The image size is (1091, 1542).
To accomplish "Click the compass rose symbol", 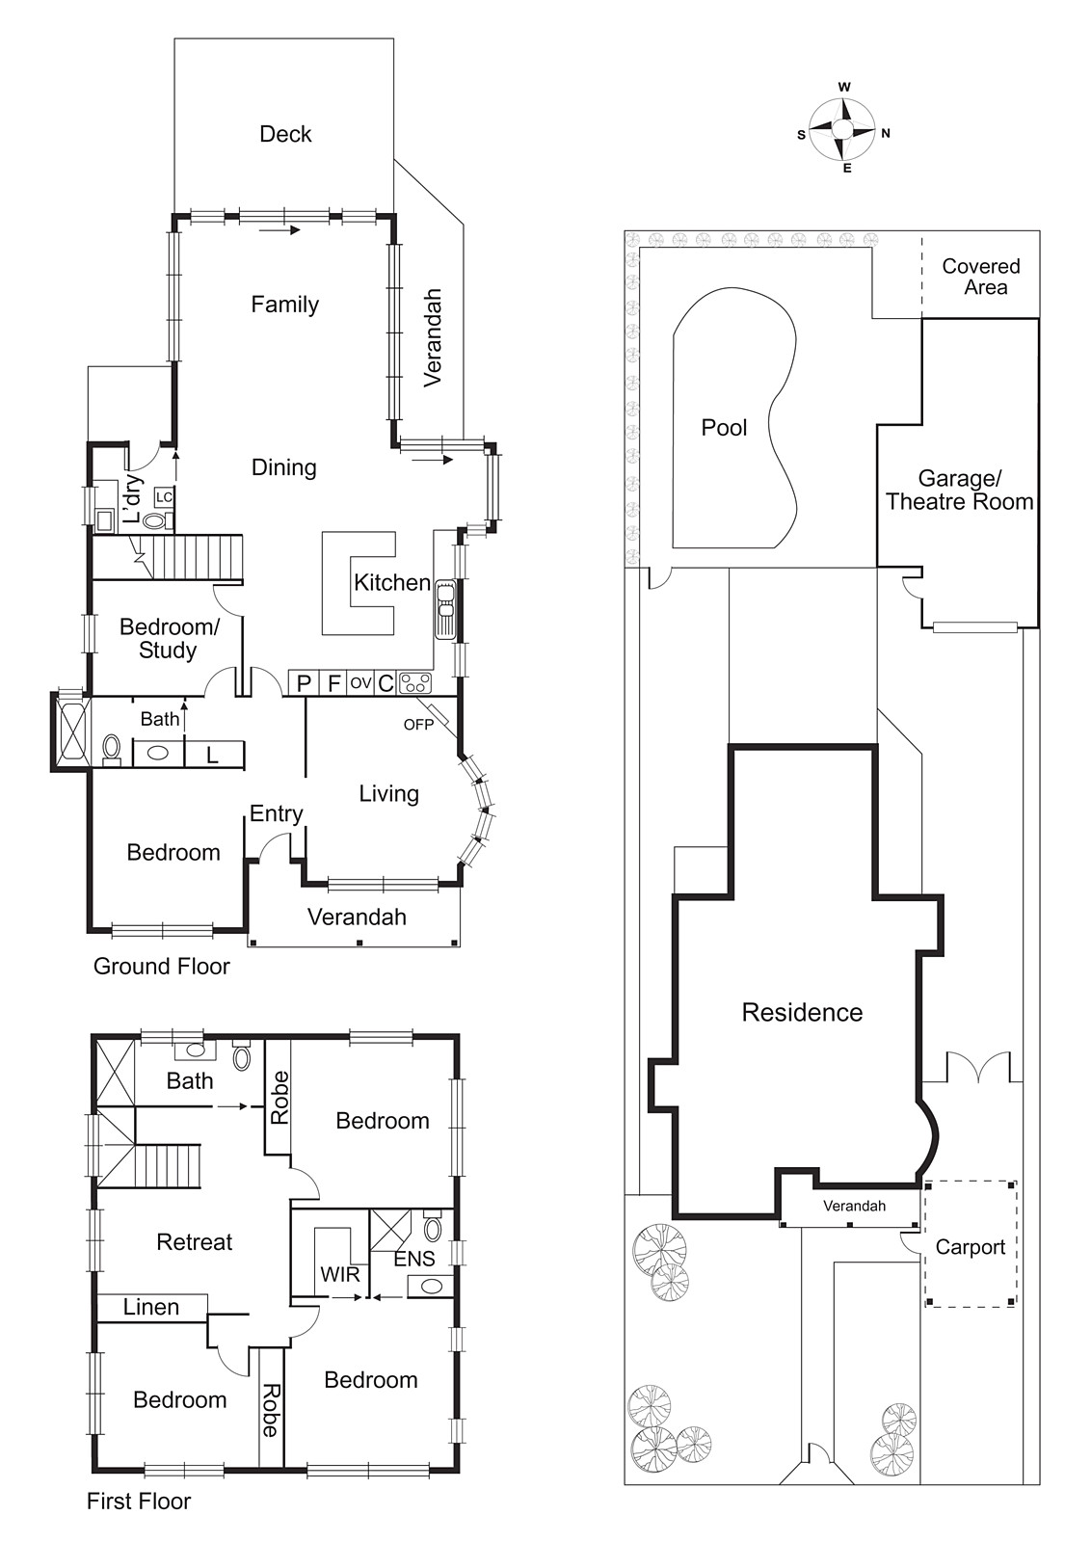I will pos(842,129).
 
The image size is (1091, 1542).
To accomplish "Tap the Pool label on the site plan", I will pos(724,428).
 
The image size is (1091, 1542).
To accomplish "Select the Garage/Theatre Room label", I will pos(959,491).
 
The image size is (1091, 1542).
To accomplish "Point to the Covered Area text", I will pos(981,277).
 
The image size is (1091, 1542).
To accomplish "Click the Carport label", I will pos(970,1247).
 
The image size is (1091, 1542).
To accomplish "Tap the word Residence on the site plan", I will pos(802,1013).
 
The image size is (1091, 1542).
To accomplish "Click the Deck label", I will pos(285,134).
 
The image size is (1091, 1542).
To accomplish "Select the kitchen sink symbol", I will pos(445,608).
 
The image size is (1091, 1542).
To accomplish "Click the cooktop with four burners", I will pos(415,683).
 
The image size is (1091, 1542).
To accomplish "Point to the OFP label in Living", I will pos(418,725).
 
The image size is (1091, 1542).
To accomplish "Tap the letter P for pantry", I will pos(304,683).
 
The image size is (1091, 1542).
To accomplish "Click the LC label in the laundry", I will pos(164,497).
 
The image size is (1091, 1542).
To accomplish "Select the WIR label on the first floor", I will pos(339,1274).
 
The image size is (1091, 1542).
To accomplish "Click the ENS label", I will pos(414,1259).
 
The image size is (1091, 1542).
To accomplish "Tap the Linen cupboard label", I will pos(151,1307).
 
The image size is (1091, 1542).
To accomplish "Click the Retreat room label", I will pos(194,1242).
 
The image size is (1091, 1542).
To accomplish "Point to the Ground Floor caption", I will pos(161,967).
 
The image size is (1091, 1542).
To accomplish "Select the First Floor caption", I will pos(139,1501).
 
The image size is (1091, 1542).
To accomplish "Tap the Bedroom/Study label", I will pos(169,638).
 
